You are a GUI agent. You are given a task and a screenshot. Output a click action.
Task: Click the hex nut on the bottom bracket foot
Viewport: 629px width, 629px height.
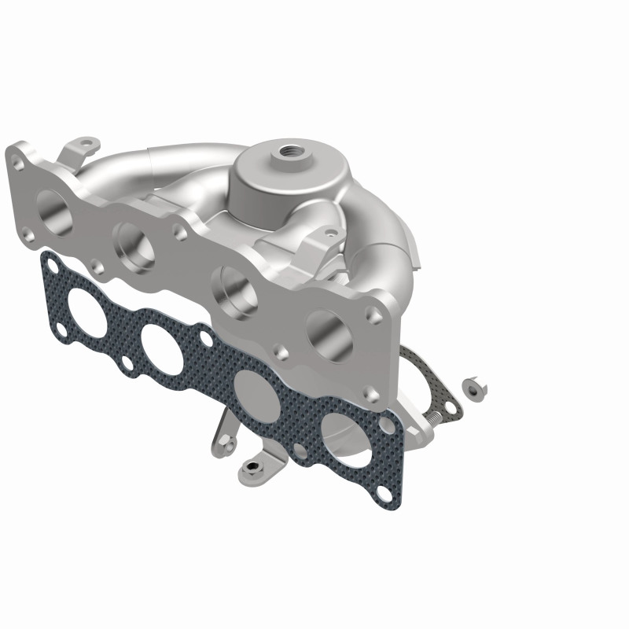pyautogui.click(x=249, y=468)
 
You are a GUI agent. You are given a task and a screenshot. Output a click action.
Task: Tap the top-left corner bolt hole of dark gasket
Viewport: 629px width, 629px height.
pyautogui.click(x=52, y=270)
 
